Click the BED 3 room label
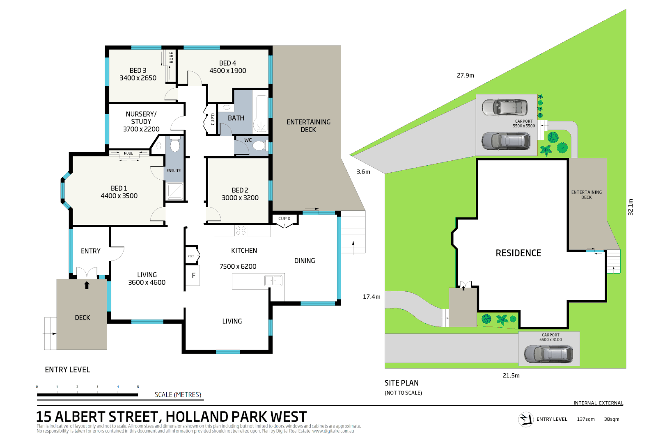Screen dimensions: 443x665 coord(138,71)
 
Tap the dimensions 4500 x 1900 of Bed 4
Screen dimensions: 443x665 coord(228,71)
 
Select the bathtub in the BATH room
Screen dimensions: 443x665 coord(261,113)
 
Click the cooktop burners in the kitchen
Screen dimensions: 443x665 coord(241,231)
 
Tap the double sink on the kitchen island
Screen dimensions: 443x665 coord(273,281)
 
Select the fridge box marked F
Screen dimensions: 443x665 coord(193,275)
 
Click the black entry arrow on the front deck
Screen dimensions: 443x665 coord(87,285)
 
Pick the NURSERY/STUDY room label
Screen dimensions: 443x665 coord(141,118)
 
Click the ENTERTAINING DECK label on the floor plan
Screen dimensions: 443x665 coord(308,126)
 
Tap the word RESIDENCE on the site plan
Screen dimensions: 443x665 coord(518,253)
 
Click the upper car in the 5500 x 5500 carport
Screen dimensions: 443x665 coord(504,107)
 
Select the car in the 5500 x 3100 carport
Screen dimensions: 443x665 coord(548,354)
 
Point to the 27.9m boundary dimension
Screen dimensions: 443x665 coord(465,75)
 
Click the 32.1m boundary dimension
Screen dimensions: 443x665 coord(631,207)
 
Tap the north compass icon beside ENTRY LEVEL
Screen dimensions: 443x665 coord(525,419)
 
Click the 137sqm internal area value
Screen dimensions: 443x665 coord(585,419)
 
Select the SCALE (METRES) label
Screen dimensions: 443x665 coord(178,395)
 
